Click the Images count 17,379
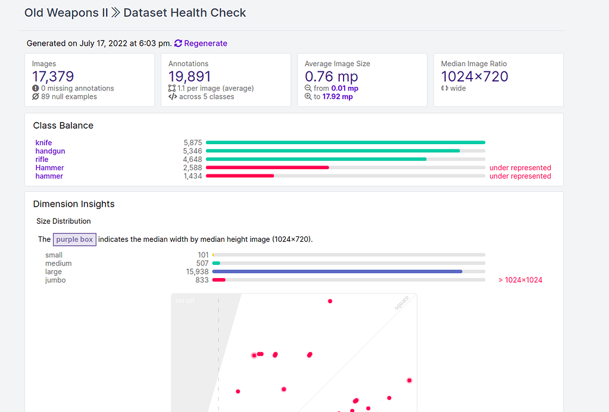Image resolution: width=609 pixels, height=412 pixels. (53, 76)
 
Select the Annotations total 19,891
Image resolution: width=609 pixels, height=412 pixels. (189, 76)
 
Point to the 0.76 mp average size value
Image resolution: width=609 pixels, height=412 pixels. (332, 76)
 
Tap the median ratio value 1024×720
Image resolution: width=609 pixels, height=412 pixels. (474, 76)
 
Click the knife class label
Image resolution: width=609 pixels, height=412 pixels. (43, 143)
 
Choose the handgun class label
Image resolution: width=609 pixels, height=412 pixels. (50, 151)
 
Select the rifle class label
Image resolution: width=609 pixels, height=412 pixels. (42, 160)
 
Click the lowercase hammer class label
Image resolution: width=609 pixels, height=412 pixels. (49, 176)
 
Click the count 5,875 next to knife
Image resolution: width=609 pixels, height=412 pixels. (193, 143)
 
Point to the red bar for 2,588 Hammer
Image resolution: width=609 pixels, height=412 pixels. (267, 168)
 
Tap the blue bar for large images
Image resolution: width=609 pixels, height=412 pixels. (337, 271)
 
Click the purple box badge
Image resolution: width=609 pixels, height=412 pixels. (74, 239)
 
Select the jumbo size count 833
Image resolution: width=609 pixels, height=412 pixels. (202, 280)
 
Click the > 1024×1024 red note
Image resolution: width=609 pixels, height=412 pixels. (520, 280)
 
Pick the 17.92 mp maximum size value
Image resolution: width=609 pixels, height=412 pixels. (338, 96)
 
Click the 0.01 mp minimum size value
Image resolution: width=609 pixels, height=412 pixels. (345, 88)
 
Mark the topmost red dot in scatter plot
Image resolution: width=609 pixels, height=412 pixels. (330, 301)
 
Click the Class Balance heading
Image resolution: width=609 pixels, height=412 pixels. (63, 126)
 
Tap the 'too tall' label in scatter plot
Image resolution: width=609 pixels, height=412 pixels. (185, 301)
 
